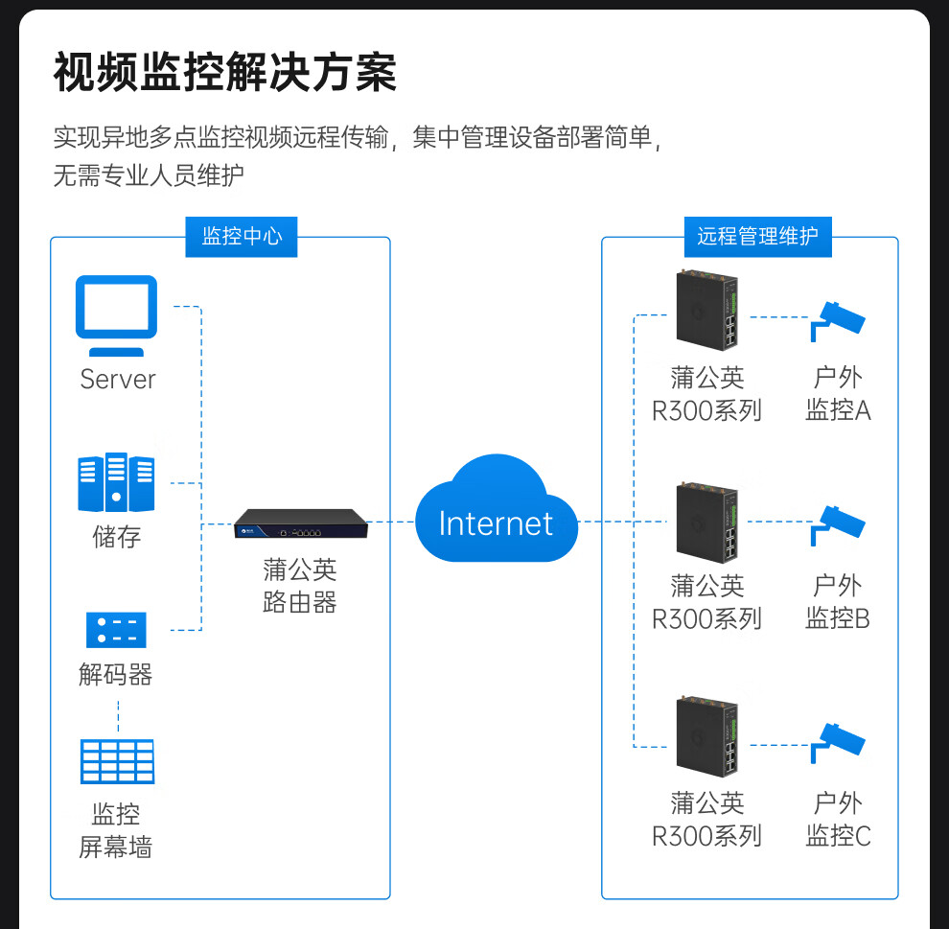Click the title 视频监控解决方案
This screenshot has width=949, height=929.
tap(224, 72)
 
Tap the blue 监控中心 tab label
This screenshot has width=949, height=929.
tap(242, 236)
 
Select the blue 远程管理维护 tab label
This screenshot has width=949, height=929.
tap(757, 236)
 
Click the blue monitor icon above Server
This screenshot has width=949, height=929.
tap(116, 308)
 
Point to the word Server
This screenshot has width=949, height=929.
tap(117, 379)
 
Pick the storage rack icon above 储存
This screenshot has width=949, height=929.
tap(116, 483)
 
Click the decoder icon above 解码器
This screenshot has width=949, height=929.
tap(116, 629)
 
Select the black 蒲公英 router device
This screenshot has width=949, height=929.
tap(300, 523)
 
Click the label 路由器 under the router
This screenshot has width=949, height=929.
tap(300, 603)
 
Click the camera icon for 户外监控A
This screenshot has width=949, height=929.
tap(837, 318)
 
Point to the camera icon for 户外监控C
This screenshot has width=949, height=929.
tap(837, 741)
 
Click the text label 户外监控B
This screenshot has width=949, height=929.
tap(837, 601)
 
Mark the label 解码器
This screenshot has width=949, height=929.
tap(116, 675)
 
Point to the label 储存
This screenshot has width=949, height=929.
tap(116, 536)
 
